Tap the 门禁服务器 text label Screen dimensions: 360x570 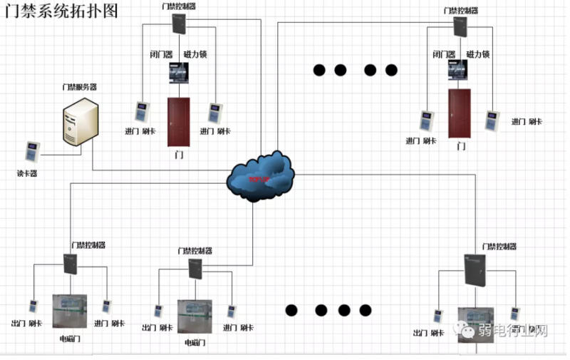(x=79, y=87)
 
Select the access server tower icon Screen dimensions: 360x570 (x=79, y=122)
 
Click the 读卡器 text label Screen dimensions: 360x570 (x=27, y=173)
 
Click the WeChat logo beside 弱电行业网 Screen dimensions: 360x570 (x=465, y=330)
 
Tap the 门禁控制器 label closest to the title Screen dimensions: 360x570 (x=178, y=6)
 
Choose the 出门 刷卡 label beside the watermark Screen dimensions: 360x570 (x=429, y=333)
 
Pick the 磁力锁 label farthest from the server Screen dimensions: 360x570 (x=477, y=54)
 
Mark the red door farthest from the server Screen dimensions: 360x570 (x=460, y=113)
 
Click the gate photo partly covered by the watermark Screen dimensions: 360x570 (x=475, y=324)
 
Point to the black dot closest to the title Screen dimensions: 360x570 (x=319, y=70)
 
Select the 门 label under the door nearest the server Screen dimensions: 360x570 (x=178, y=154)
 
